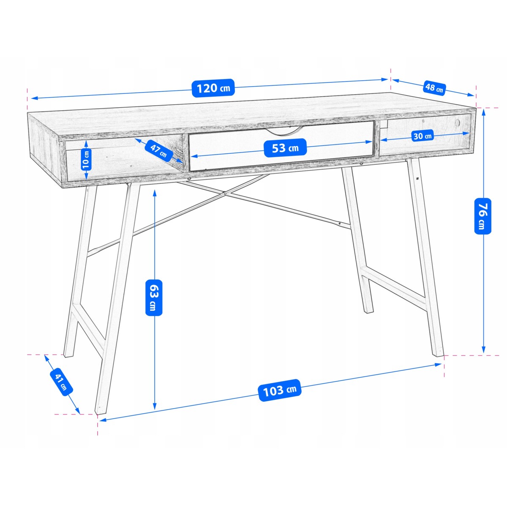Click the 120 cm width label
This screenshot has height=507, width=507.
[213, 88]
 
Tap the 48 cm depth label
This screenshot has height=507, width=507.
[434, 87]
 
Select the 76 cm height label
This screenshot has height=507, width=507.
[482, 216]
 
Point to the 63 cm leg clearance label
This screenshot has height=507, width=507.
[154, 298]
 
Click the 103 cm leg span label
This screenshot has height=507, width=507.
[280, 390]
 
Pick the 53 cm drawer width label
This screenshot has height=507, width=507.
[285, 148]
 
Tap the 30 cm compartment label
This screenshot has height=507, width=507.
[422, 136]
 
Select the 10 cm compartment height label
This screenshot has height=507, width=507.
[86, 159]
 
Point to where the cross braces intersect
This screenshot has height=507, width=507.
[225, 194]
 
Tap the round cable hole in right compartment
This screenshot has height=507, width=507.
[458, 123]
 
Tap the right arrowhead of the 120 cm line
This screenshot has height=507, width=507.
[384, 79]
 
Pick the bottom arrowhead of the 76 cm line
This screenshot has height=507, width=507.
[483, 349]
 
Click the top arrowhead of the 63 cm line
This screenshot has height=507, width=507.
[155, 194]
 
